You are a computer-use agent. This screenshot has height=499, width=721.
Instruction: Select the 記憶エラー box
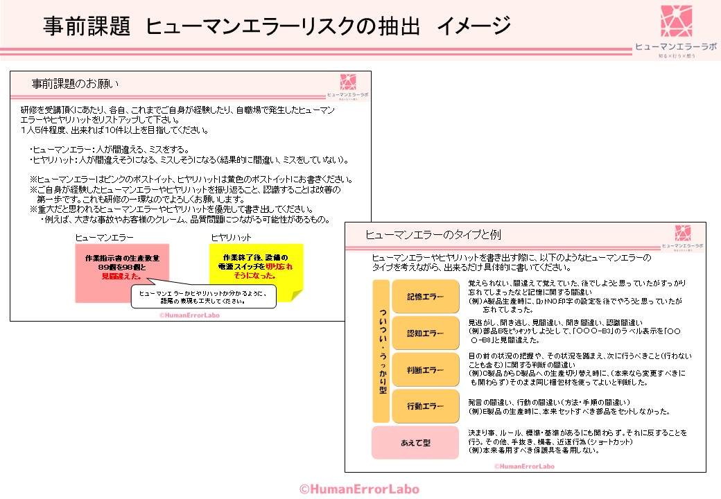tap(426, 297)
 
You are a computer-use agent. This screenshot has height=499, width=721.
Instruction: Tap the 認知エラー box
tap(426, 333)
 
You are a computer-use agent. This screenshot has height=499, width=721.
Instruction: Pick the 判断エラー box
tap(426, 369)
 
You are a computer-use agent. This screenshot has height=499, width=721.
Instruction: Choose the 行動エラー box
tap(426, 406)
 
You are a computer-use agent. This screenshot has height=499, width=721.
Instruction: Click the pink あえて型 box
tap(416, 442)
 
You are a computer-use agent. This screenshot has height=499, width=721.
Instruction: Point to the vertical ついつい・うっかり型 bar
tap(381, 351)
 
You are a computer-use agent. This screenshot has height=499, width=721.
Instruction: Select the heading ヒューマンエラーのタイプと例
tap(433, 234)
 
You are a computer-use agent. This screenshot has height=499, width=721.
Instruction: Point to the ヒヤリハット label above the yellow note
tap(232, 238)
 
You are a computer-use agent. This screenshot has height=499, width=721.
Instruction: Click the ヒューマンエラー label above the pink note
tap(105, 238)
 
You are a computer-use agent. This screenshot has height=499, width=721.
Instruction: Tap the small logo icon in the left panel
tap(348, 81)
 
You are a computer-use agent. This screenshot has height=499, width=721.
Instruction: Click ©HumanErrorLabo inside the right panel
tap(525, 466)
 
